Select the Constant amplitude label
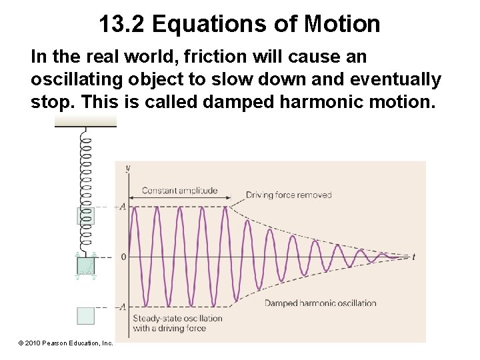coord(179,191)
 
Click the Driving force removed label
coord(289,195)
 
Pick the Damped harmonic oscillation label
coord(320,303)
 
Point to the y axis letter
coord(127,168)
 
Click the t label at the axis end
coord(414,257)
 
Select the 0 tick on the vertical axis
coord(123,257)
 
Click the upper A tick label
coord(122,207)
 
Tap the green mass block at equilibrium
coord(85,265)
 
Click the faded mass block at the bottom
coord(85,315)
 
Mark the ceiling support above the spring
coord(85,121)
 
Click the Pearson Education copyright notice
coord(66,343)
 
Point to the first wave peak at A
coord(135,207)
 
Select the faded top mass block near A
coord(85,215)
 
